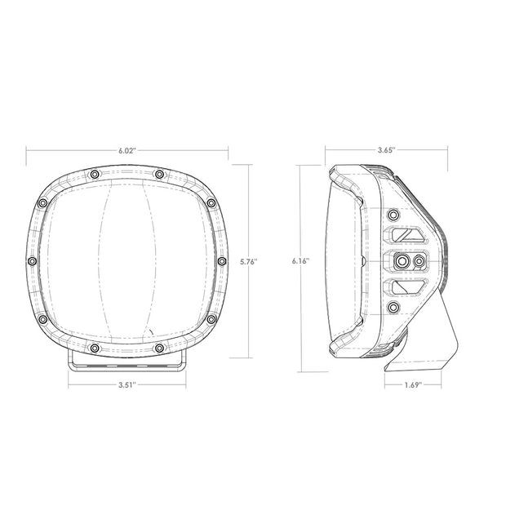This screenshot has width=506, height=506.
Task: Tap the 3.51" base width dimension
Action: tap(125, 383)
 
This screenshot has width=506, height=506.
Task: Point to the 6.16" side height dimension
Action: tap(300, 262)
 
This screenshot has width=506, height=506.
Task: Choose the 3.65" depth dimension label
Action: tap(386, 150)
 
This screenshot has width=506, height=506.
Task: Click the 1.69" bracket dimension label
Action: tap(412, 384)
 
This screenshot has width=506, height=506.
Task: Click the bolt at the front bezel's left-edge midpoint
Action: tap(32, 261)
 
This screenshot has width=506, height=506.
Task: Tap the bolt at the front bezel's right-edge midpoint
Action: tap(220, 261)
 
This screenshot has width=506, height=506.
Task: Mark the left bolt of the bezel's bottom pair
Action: tap(95, 348)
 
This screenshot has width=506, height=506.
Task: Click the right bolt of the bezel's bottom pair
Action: tap(159, 348)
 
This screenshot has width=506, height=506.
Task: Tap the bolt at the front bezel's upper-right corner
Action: tap(210, 202)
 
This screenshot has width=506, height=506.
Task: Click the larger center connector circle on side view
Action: tap(402, 261)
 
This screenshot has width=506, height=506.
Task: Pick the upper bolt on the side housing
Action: tap(393, 215)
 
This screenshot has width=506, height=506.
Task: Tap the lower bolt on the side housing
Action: tap(393, 308)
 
